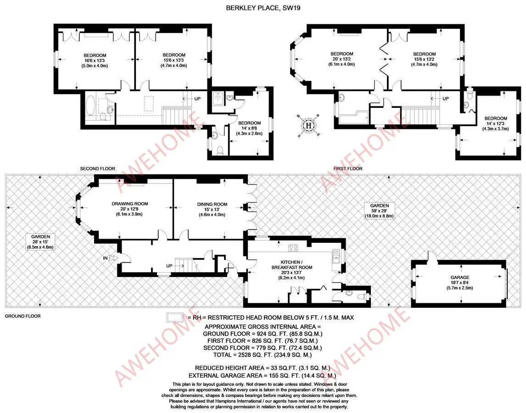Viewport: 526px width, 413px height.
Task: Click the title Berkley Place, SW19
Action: point(263,7)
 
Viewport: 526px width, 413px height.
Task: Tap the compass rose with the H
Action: point(309,125)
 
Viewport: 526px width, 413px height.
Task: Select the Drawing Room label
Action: point(130,204)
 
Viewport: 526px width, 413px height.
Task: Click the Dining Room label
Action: point(212,204)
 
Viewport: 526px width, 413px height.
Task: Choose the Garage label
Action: point(459,278)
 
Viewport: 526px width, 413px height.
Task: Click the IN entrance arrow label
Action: point(106,258)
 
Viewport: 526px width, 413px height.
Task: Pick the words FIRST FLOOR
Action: point(348,169)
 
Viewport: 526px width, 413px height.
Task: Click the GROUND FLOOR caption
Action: point(22,316)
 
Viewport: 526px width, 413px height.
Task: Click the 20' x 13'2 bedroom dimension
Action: point(341,59)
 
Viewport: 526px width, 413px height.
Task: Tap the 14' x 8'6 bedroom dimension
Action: point(249,128)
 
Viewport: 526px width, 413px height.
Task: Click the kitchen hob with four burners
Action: point(293,248)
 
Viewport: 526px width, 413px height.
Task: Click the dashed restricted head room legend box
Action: point(175,317)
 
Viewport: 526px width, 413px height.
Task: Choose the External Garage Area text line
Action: point(263,375)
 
